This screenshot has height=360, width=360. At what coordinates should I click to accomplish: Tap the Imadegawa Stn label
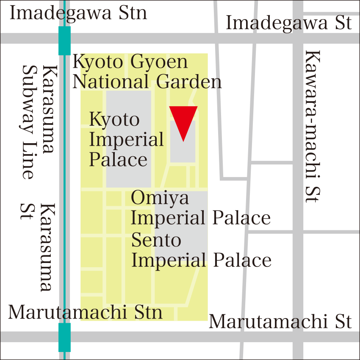78,13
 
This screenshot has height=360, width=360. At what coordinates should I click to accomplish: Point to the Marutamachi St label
280,321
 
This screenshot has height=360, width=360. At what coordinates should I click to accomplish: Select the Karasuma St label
39,248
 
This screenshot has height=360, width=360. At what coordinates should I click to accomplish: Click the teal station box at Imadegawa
64,41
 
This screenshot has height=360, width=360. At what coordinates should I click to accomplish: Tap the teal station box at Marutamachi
64,337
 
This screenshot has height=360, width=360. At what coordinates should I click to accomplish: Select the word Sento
156,240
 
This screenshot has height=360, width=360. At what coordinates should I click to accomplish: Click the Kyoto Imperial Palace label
126,139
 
